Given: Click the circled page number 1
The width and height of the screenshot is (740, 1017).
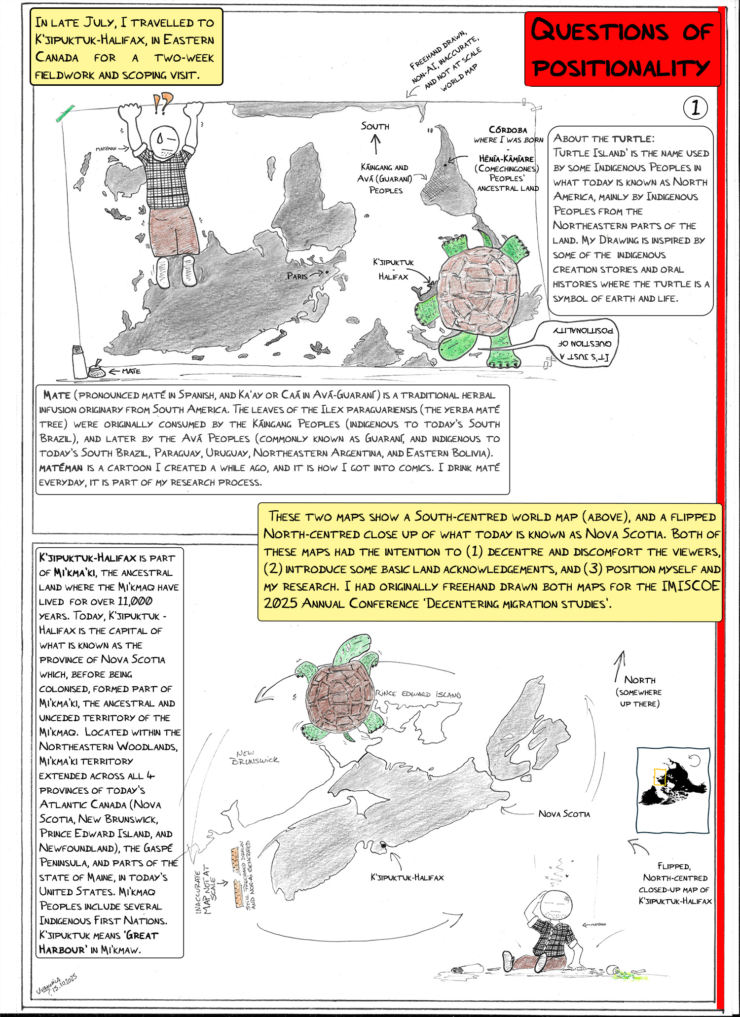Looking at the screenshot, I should click(696, 108).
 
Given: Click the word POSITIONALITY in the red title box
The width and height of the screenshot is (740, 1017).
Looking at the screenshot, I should click(621, 68).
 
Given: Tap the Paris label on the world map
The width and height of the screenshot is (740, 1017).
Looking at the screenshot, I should click(297, 276).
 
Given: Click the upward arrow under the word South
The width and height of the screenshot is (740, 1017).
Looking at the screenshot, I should click(375, 144).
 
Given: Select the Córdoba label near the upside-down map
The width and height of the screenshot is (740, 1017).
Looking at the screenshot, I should click(508, 130).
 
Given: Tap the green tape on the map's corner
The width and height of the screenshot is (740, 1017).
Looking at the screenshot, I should click(65, 113).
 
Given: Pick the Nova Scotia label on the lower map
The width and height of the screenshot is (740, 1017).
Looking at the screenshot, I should click(564, 814).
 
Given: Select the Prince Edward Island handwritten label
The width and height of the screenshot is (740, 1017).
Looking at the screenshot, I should click(418, 694).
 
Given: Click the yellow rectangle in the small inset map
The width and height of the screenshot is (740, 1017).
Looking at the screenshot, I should click(660, 777).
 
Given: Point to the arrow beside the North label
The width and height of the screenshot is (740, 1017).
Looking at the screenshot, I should click(619, 666).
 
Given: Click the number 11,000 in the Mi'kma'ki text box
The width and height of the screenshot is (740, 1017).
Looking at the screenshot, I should click(135, 601).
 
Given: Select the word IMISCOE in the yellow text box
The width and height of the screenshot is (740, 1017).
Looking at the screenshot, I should click(691, 586).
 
